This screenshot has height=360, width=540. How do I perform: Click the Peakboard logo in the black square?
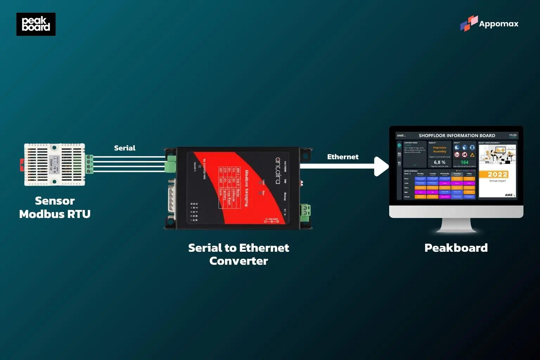point(36,24)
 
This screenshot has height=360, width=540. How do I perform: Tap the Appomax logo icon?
point(469,23)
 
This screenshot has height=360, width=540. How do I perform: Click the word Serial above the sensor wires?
point(124,148)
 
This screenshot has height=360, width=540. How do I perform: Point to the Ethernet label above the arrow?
point(343,157)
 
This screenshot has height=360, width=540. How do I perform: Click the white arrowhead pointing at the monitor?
point(382,166)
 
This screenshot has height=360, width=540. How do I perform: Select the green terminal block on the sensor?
point(89,164)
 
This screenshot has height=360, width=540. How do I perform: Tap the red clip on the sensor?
point(22,165)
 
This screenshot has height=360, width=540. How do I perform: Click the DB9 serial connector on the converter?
point(172,199)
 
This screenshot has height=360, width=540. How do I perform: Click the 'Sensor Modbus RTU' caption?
point(55,207)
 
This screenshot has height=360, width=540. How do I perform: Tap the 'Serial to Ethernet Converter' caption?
point(238,254)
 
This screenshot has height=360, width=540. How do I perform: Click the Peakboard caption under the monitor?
point(456,248)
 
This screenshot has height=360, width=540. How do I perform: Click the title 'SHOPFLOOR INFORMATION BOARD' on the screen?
point(457,136)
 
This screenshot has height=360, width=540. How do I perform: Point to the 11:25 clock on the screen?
point(513,135)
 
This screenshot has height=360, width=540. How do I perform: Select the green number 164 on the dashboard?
point(464,162)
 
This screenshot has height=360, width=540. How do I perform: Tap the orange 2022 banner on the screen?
point(497,174)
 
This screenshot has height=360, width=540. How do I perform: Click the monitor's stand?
point(456,225)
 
